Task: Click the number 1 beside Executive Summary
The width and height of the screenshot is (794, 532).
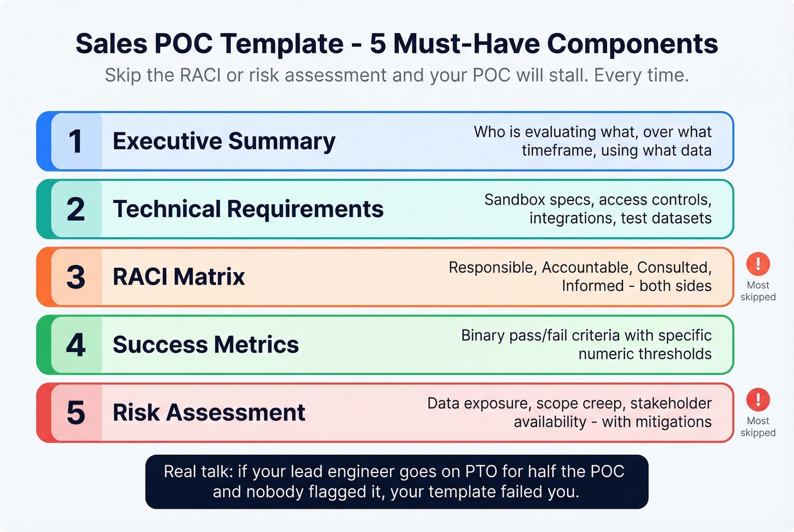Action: (x=75, y=142)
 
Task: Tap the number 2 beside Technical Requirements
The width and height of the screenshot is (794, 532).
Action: (x=76, y=210)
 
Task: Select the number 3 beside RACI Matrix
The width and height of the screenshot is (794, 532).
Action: (x=76, y=277)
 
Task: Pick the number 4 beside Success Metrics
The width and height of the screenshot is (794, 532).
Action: (x=76, y=345)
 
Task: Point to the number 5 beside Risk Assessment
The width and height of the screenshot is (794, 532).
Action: (x=76, y=412)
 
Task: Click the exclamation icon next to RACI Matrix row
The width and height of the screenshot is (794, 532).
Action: (x=758, y=263)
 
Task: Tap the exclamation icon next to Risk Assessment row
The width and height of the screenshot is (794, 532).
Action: (x=758, y=399)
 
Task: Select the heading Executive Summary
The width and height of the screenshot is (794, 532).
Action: (x=224, y=142)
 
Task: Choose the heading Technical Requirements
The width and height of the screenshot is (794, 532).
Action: (x=248, y=210)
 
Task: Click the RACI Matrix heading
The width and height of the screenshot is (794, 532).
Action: (x=179, y=277)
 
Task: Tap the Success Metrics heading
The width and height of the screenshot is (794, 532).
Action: (x=205, y=345)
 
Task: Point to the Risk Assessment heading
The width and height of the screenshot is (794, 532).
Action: (x=209, y=412)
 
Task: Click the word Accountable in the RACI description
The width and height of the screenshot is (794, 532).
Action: (x=587, y=267)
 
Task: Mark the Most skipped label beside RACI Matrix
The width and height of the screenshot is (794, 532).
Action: (x=758, y=291)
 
